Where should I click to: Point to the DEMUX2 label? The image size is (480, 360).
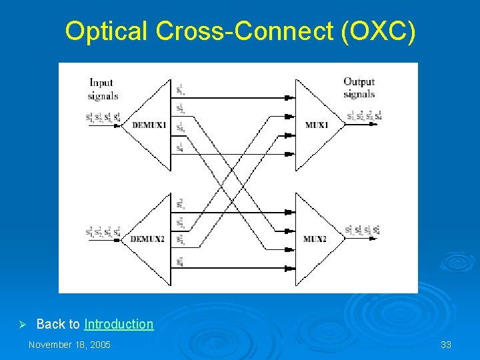[x=147, y=239]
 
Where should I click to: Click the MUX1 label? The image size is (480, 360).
[x=317, y=125]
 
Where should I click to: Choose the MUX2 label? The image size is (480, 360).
[x=315, y=239]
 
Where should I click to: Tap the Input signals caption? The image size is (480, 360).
[x=103, y=89]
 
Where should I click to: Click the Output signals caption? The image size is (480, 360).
[x=359, y=88]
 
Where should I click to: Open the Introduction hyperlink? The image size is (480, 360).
[x=119, y=324]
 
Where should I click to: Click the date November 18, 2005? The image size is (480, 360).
[x=69, y=345]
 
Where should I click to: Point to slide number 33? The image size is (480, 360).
[x=446, y=345]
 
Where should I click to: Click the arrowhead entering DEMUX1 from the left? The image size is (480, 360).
[x=117, y=125]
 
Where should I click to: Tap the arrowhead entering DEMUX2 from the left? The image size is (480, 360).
[x=117, y=239]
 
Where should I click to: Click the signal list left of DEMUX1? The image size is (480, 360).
[x=103, y=118]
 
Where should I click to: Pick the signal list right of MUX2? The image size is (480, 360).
[x=363, y=231]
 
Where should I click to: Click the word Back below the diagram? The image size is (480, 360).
[x=49, y=324]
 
